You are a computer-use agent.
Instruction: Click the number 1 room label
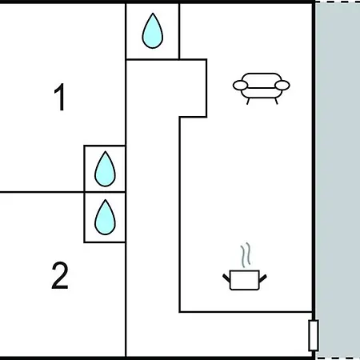click(60, 97)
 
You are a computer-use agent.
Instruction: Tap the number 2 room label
click(60, 275)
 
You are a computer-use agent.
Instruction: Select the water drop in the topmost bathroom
click(153, 31)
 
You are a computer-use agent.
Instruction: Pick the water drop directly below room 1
click(105, 169)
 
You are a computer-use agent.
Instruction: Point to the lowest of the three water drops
click(105, 218)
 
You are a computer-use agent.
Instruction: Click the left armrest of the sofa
click(240, 86)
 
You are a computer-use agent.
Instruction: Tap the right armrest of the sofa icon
click(282, 86)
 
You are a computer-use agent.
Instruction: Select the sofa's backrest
click(262, 78)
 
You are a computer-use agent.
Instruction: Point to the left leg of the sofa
click(248, 102)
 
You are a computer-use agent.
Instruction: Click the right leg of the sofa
click(276, 102)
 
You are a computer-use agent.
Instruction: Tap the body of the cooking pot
click(244, 280)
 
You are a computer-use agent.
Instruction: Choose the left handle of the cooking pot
click(226, 278)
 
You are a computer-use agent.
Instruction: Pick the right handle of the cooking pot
click(263, 278)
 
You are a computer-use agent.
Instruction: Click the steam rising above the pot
click(246, 254)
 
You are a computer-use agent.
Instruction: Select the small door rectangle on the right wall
click(314, 335)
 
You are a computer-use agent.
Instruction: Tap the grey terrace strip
click(338, 180)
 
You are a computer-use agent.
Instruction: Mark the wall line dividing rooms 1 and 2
click(42, 192)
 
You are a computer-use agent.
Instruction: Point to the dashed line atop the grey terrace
click(338, 2)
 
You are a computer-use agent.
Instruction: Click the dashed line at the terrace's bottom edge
click(338, 358)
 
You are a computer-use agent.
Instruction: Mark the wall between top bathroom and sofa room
click(179, 31)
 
